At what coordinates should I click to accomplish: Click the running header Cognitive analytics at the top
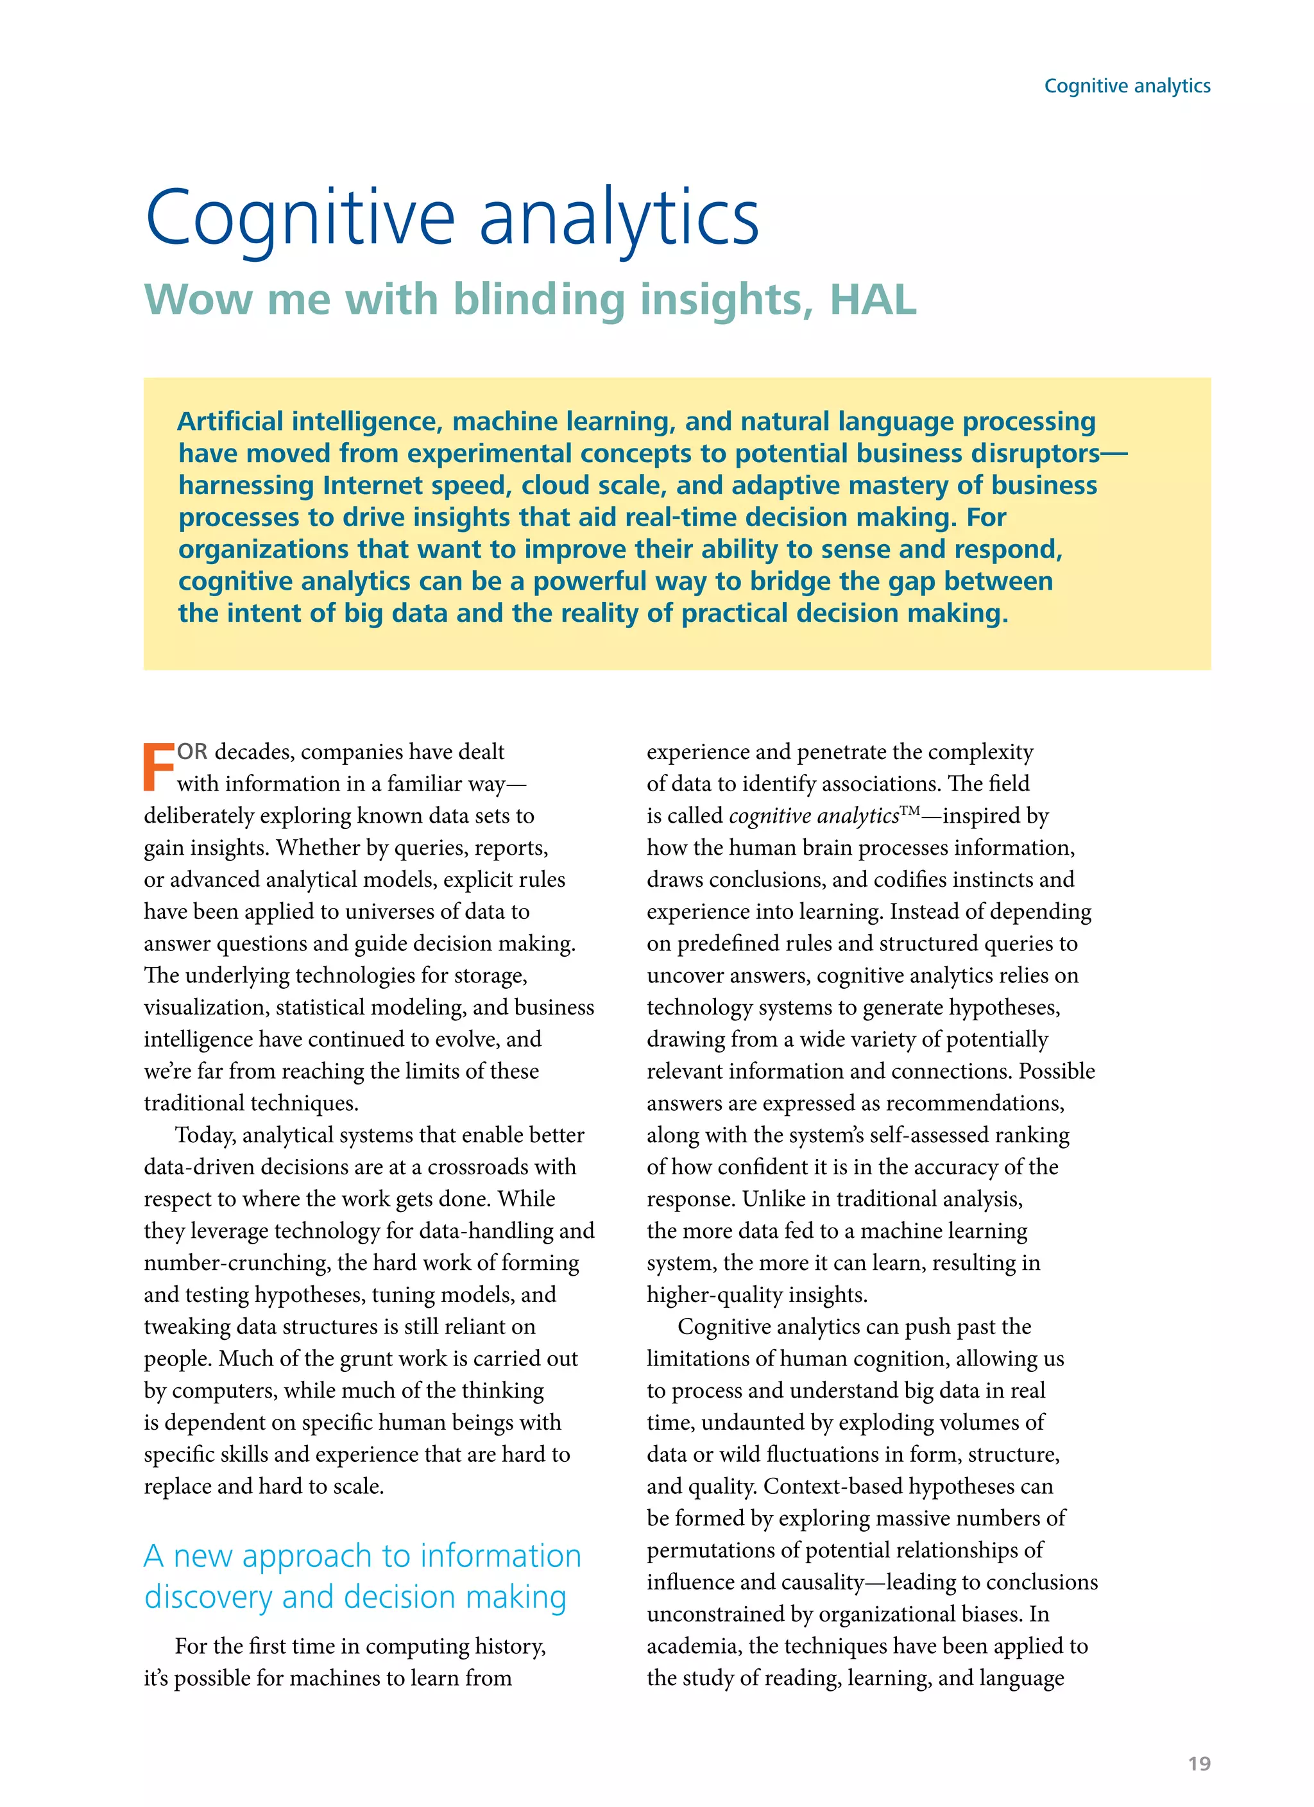(1127, 86)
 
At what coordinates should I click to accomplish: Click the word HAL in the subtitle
(873, 300)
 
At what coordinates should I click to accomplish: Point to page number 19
(1199, 1763)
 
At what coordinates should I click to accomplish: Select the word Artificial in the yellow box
(230, 421)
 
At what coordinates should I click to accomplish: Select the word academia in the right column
(692, 1646)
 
